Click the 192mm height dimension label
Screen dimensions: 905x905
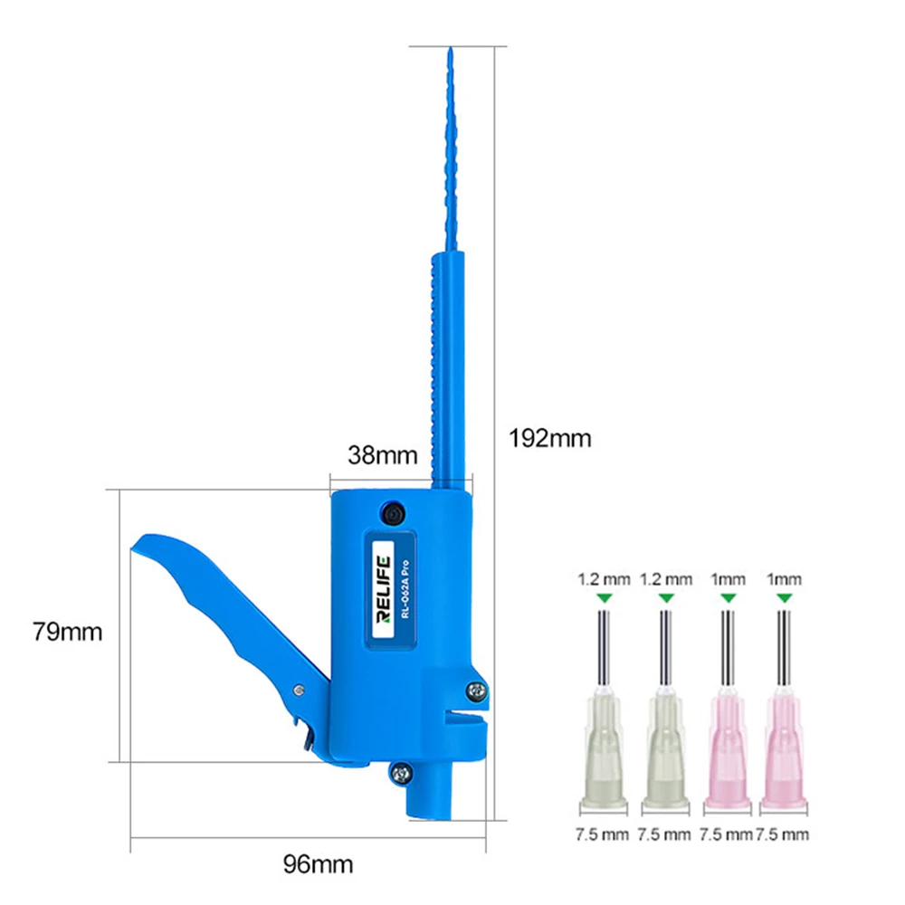pyautogui.click(x=549, y=439)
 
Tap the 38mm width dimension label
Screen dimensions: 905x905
pyautogui.click(x=382, y=455)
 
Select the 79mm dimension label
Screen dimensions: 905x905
pyautogui.click(x=67, y=632)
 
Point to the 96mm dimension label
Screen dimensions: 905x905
pyautogui.click(x=318, y=864)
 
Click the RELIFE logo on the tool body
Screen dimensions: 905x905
pyautogui.click(x=383, y=589)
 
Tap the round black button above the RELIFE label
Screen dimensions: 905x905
pyautogui.click(x=393, y=514)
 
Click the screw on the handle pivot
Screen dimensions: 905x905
pyautogui.click(x=299, y=690)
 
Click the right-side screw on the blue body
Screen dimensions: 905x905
pyautogui.click(x=476, y=691)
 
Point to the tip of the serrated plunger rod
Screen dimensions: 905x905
pyautogui.click(x=451, y=49)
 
